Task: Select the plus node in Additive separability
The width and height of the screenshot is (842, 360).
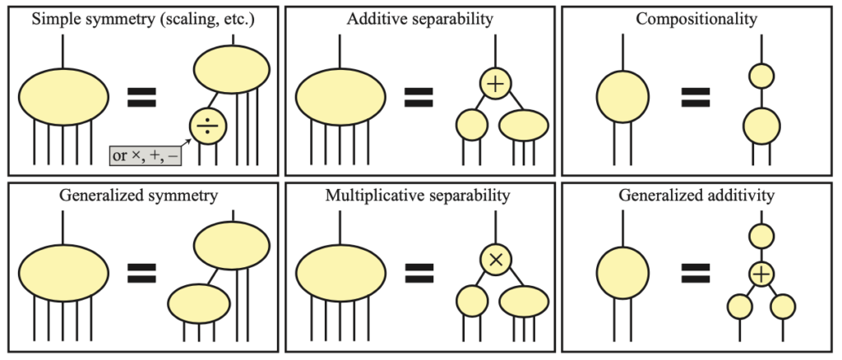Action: [x=497, y=84]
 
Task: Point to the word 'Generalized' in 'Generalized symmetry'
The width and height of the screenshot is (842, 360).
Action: [x=96, y=195]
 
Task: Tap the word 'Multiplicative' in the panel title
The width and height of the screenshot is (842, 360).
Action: [x=371, y=195]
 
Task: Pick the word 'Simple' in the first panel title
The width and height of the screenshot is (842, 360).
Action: [x=54, y=18]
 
